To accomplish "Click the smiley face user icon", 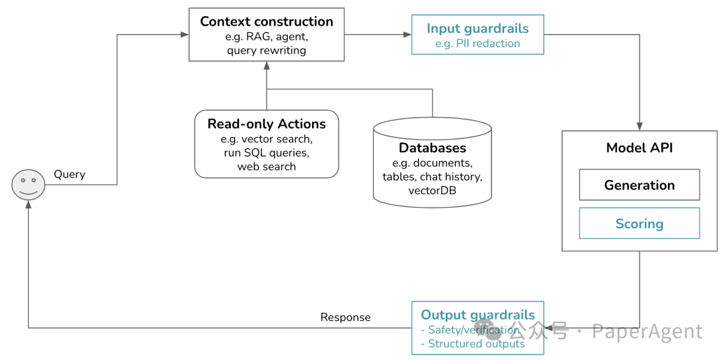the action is coord(28,185).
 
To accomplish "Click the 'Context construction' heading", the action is coord(267,21).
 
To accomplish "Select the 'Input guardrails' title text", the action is coord(478,29).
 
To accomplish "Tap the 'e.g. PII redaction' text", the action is coord(478,44).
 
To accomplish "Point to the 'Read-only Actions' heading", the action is coord(267,124).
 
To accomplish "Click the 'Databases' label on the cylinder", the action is coord(432,148).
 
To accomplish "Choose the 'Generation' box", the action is coord(640,185).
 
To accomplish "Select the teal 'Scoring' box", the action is coord(640,223).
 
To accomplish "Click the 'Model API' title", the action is coord(640,148).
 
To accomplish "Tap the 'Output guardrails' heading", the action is coord(478,315).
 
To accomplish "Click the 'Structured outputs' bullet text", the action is coord(473,344).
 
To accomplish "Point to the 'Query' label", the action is coord(70,175).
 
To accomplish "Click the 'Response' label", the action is coord(346,318).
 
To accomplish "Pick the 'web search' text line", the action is coord(267,166).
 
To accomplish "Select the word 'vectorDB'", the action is coord(432,189).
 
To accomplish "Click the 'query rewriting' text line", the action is coord(267,50).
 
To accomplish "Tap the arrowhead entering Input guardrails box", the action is coord(408,34).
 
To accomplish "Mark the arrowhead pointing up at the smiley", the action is coord(28,205).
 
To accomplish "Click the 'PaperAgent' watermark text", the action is coord(647,331).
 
